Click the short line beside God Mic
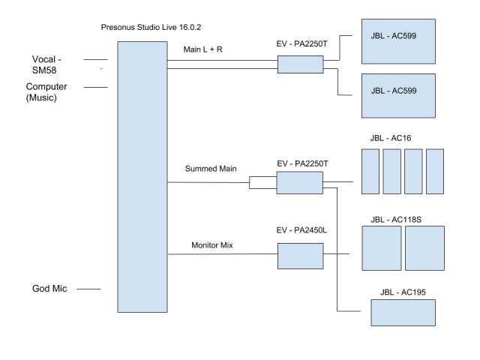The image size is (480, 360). click(88, 288)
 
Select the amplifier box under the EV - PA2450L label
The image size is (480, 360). click(300, 256)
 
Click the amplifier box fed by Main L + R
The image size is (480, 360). click(300, 65)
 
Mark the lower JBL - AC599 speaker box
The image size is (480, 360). click(397, 96)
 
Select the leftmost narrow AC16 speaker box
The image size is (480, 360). click(370, 172)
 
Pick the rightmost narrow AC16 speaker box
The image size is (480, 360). click(435, 172)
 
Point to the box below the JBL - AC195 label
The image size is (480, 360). click(403, 311)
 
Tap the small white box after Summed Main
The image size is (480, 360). click(262, 182)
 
